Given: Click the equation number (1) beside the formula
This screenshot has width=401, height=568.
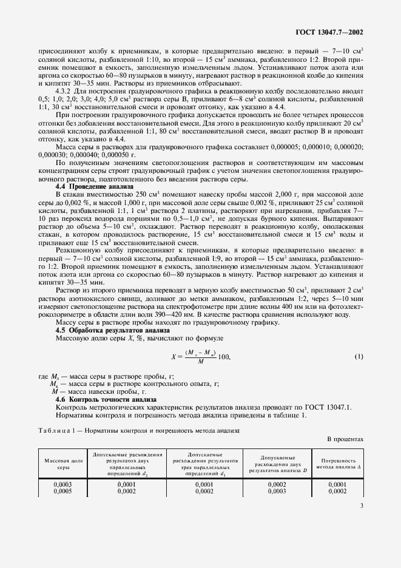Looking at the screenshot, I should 358,356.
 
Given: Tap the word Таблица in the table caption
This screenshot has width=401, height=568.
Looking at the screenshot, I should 53,430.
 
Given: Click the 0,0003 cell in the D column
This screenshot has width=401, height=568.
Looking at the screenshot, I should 277,491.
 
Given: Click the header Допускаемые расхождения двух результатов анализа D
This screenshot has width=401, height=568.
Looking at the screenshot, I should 277,464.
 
